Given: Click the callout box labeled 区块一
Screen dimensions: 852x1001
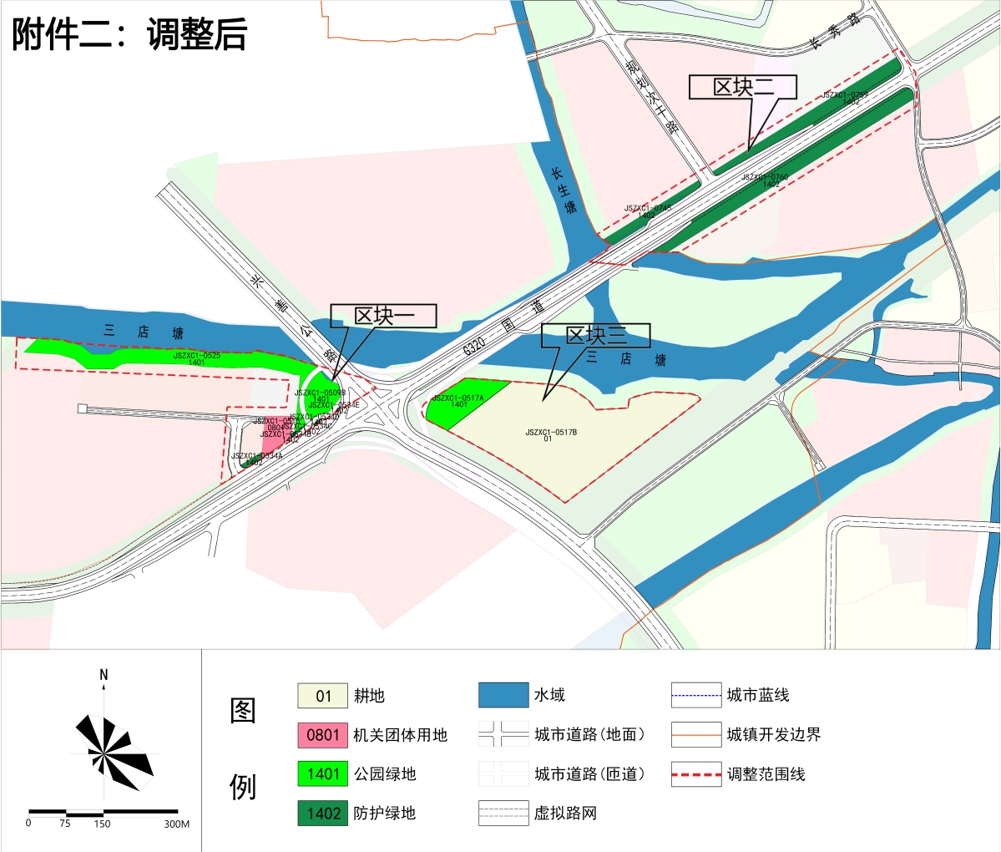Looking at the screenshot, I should (x=384, y=316).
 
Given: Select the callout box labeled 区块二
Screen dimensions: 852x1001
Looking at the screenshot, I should (x=743, y=87).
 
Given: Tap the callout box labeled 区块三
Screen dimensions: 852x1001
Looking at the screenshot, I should (x=596, y=336).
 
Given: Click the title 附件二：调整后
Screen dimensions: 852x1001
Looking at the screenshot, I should (x=129, y=35).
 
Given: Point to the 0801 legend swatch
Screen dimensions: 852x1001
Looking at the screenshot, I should (x=322, y=735).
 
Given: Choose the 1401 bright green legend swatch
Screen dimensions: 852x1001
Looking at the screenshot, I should (x=322, y=774).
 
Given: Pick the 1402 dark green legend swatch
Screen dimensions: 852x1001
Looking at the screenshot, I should (x=322, y=814).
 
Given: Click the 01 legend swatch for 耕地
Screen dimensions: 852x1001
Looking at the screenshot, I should (x=322, y=696).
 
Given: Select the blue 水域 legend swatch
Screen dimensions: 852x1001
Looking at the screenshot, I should (x=503, y=695).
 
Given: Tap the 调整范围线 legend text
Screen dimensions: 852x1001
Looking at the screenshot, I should (x=766, y=774).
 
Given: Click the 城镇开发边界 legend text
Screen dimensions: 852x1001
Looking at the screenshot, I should (x=774, y=735).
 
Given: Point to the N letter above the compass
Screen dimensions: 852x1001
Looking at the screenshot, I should (x=104, y=675).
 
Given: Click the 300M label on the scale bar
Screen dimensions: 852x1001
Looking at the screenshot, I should (x=176, y=824).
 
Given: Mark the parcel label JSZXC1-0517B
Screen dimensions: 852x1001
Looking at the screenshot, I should (x=551, y=433).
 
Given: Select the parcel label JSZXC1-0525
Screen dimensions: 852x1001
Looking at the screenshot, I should (x=197, y=357).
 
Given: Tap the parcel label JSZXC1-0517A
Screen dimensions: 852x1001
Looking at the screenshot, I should (x=458, y=399).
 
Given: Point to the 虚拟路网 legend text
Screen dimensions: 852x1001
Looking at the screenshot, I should (x=565, y=814).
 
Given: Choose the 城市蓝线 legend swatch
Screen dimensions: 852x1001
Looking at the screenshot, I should (x=696, y=695).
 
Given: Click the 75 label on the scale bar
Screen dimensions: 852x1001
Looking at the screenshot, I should (x=65, y=824).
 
